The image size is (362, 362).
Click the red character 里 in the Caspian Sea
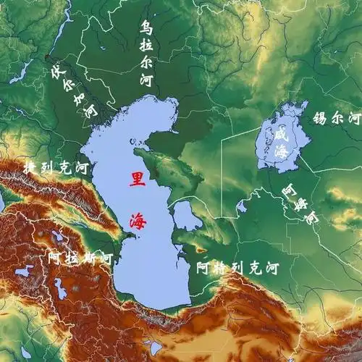[135, 179]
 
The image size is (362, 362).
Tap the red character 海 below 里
[135, 219]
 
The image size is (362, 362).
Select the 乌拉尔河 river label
[147, 54]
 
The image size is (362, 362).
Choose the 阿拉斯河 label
[79, 258]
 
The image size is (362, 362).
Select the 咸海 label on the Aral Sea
[280, 143]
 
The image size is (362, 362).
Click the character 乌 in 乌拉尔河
[146, 29]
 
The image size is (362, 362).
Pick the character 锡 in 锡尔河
[319, 118]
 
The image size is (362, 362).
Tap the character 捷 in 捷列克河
[30, 167]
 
